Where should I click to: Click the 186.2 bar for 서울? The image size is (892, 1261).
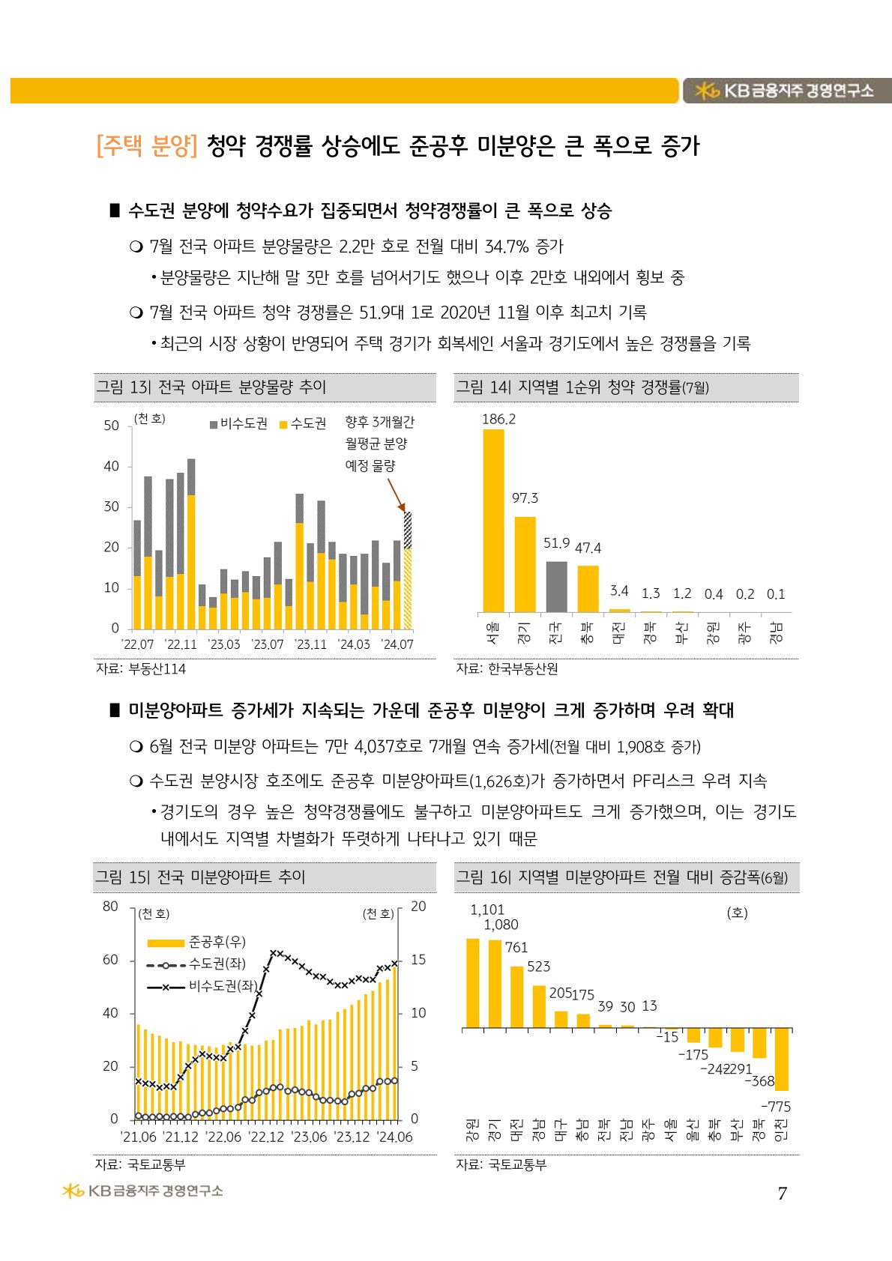click(x=493, y=521)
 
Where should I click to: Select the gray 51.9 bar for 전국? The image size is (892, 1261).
click(x=556, y=587)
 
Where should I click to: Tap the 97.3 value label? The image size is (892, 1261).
click(x=525, y=498)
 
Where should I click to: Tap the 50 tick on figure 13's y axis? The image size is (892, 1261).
click(x=111, y=426)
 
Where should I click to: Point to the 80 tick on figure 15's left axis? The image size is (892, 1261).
click(x=110, y=907)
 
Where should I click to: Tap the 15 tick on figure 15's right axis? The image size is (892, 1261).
click(x=418, y=960)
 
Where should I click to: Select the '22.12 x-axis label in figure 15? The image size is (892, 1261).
click(x=267, y=1137)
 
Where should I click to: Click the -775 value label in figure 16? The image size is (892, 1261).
click(x=776, y=1107)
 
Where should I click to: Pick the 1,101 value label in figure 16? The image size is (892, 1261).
click(x=487, y=910)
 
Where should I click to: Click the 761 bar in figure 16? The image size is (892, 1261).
click(x=516, y=997)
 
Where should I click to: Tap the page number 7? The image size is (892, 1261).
click(x=782, y=1194)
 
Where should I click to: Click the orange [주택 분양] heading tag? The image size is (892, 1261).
click(x=147, y=145)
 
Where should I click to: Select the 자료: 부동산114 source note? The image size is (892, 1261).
click(x=141, y=669)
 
